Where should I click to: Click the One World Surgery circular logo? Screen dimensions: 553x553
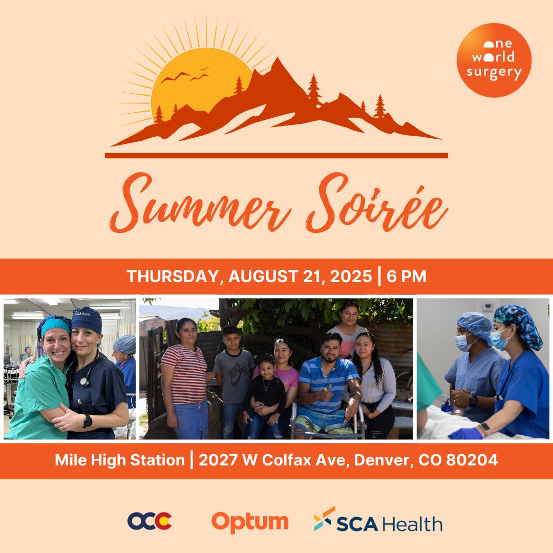pos(494,60)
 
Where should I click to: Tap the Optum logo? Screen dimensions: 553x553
pos(250,522)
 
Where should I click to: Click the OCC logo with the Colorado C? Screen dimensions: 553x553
pos(150,521)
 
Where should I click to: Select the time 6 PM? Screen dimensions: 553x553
pos(407,276)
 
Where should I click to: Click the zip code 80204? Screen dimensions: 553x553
pos(472,460)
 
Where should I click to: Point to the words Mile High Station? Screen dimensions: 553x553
pos(120,460)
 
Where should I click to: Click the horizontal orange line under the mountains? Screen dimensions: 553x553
pos(276,155)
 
